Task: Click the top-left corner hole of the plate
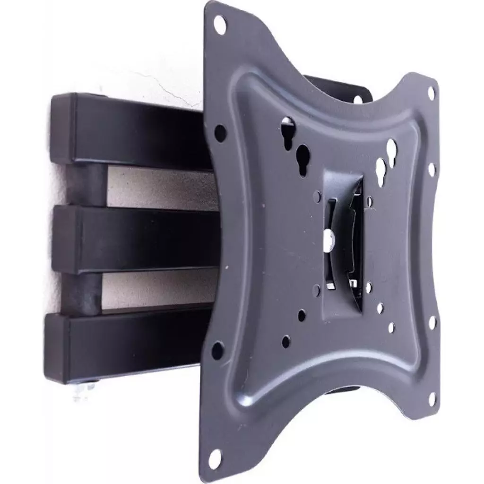coord(220,24)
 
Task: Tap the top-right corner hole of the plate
coord(431,93)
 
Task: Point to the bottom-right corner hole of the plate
coord(431,398)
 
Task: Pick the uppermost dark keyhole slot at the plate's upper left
coord(288,129)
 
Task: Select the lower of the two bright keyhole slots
coord(381,170)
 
